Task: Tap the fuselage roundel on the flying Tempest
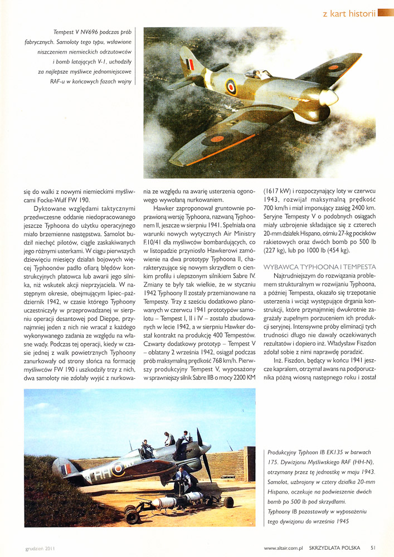(x=231, y=86)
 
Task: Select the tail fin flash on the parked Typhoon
(x=66, y=468)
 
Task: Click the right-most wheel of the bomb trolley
(x=228, y=502)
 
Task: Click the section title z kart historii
(x=348, y=13)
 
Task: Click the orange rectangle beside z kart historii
(x=386, y=12)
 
